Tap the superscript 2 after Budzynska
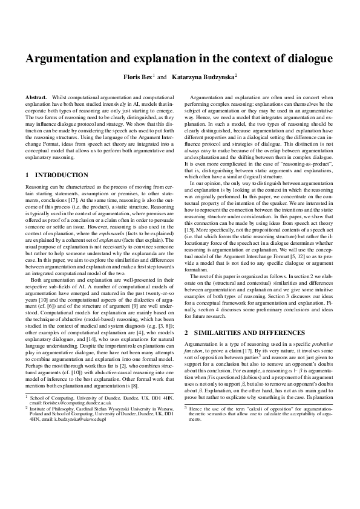coord(236,76)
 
